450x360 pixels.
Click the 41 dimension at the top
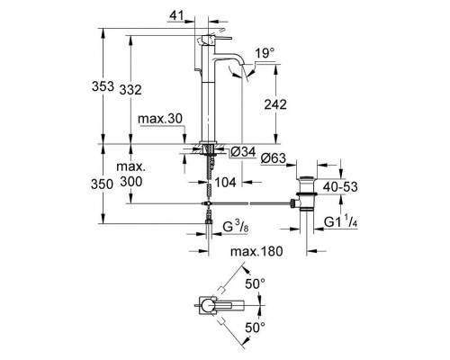tap(176, 15)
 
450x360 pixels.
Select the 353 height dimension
tap(103, 86)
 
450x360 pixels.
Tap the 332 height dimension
tap(130, 90)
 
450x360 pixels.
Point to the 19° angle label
tap(265, 53)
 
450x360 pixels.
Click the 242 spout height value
tap(275, 104)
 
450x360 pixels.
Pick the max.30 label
tap(160, 119)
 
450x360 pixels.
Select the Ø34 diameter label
tap(243, 152)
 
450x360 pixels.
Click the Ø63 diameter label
tap(274, 158)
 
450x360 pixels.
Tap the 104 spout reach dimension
tap(226, 182)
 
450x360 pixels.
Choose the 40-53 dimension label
tap(340, 186)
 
